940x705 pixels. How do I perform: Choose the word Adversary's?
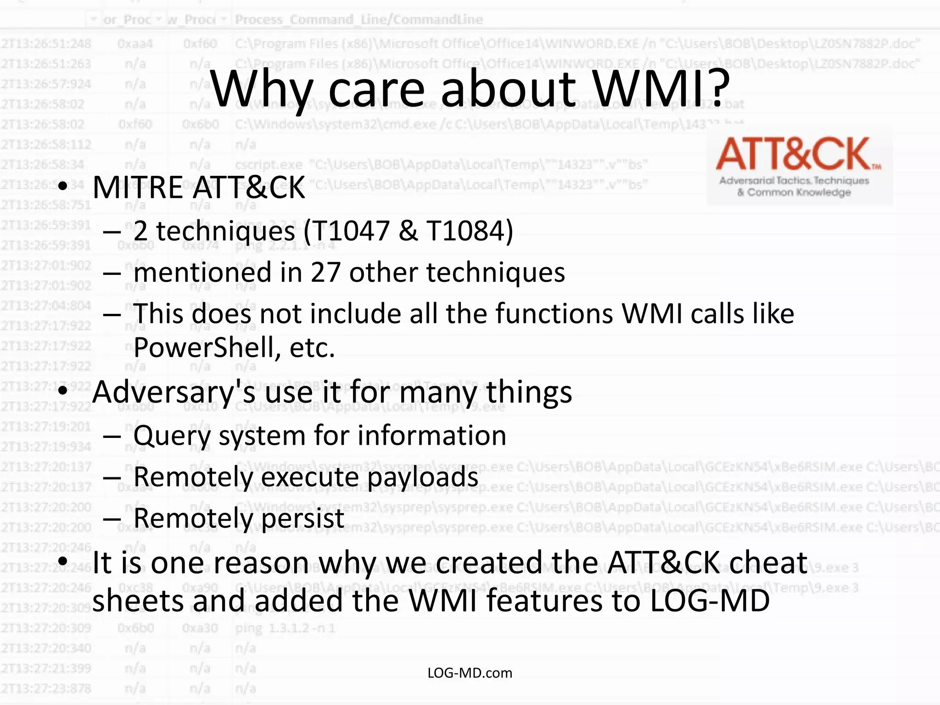174,392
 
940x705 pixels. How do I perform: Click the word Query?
172,436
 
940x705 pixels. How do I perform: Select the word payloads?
423,477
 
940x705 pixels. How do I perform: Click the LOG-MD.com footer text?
470,673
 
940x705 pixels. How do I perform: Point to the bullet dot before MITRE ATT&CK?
63,187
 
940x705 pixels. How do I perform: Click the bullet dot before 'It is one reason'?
63,561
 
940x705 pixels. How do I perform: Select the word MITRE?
138,188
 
